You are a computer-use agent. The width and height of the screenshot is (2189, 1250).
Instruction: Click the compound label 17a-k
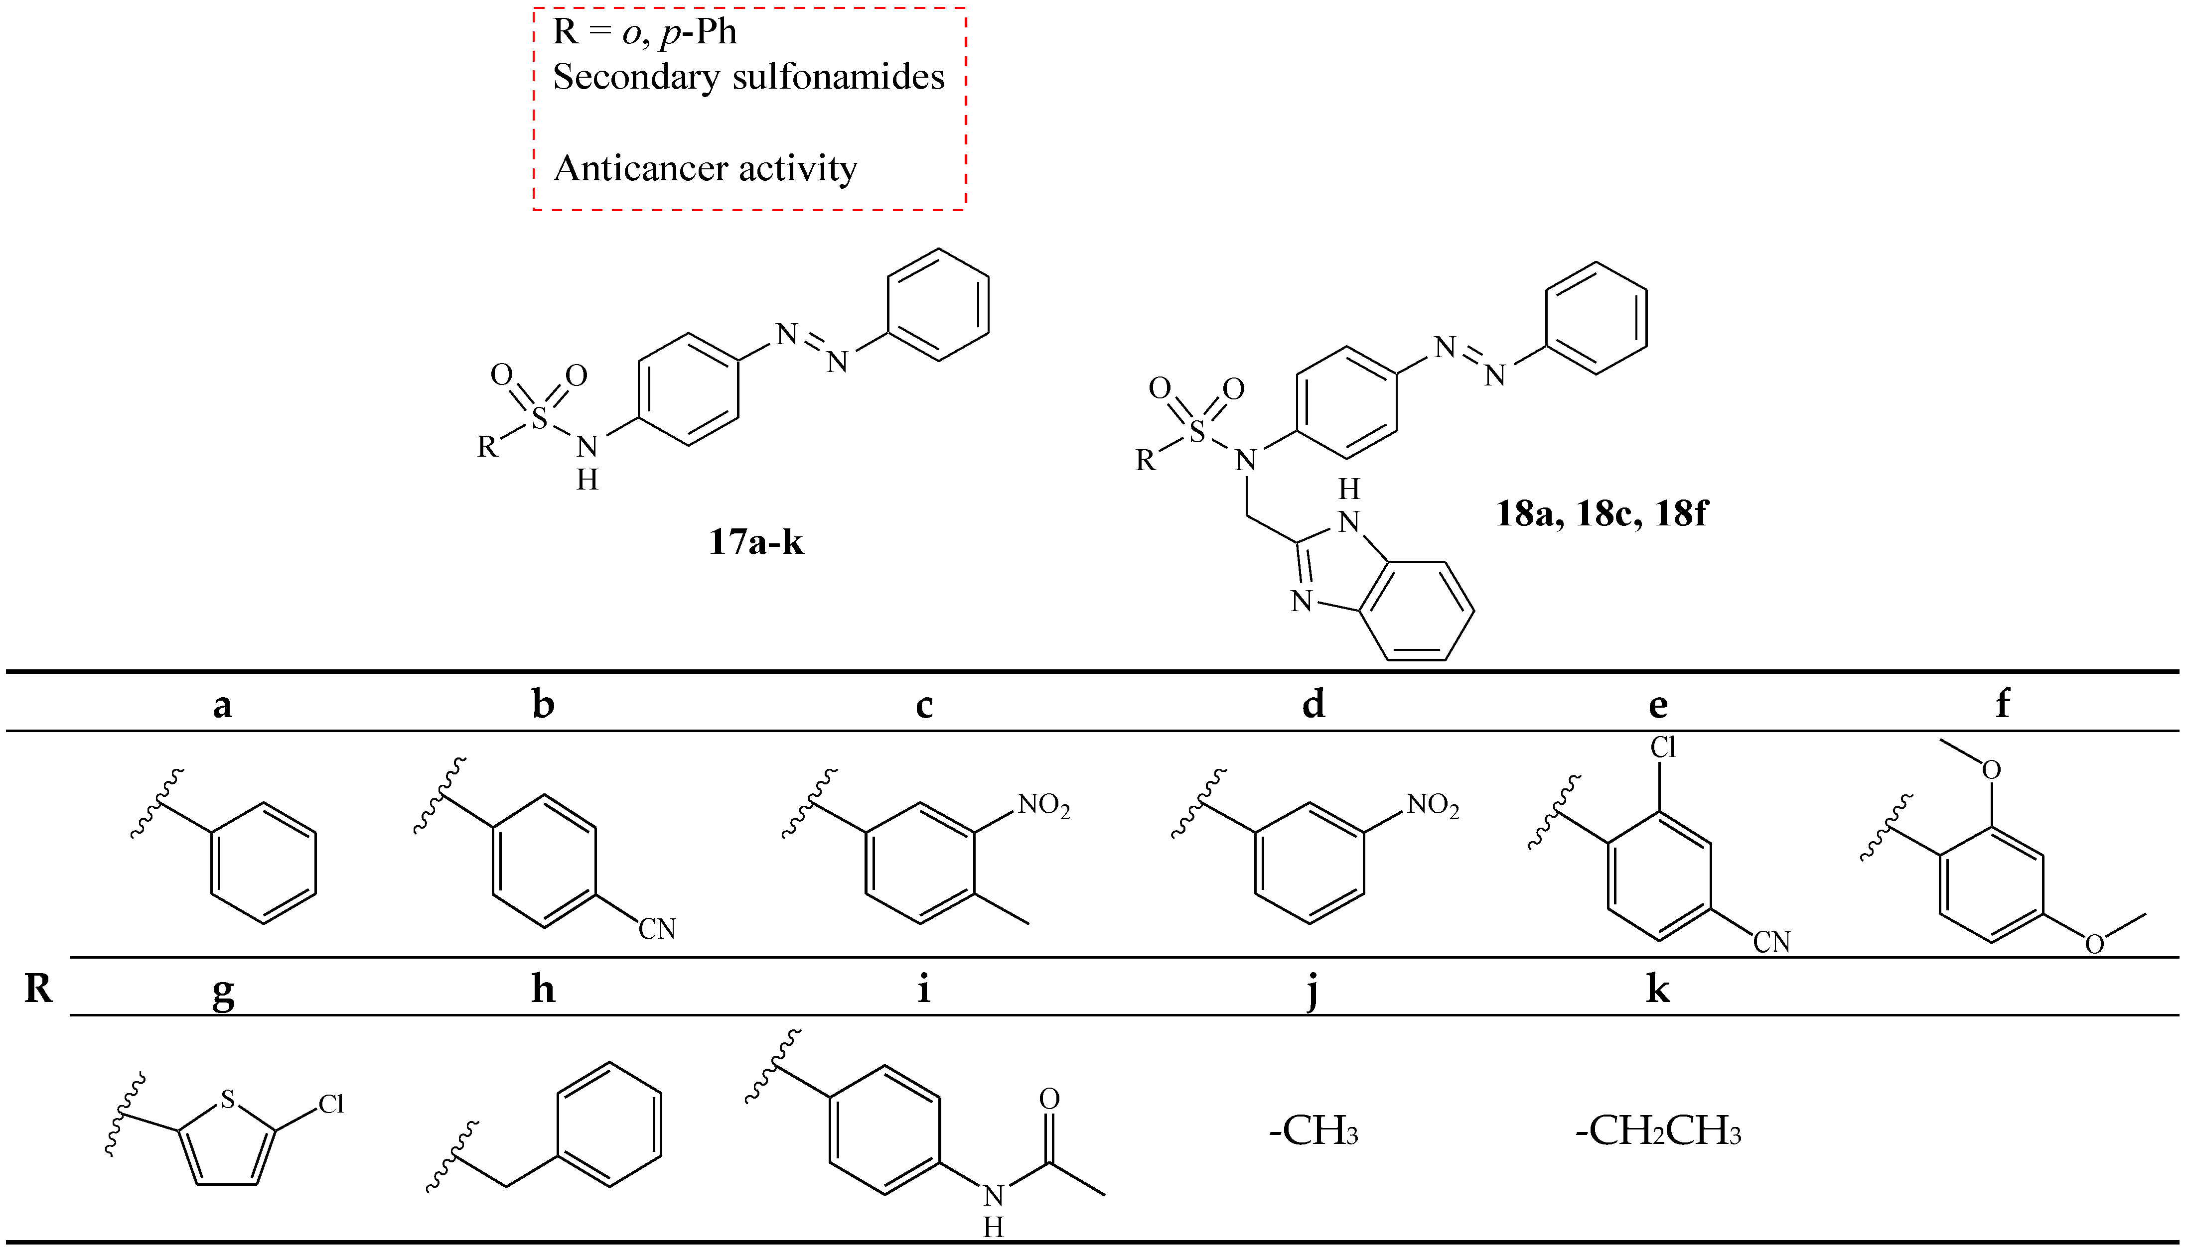click(756, 543)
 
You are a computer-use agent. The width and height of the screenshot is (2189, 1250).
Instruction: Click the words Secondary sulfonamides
click(748, 77)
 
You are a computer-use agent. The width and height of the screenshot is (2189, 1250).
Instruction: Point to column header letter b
click(543, 704)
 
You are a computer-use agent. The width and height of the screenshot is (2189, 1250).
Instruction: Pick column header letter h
click(543, 989)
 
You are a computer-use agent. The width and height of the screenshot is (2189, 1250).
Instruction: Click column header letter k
click(1657, 989)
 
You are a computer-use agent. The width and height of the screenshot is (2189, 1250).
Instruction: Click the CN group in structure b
click(657, 929)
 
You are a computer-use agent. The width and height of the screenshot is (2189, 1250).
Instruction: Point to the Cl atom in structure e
click(1663, 749)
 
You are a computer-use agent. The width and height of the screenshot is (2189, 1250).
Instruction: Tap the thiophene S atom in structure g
click(228, 1100)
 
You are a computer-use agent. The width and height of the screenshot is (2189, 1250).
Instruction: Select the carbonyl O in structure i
click(1049, 1099)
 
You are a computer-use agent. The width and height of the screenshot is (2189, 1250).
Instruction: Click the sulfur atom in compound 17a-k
click(539, 419)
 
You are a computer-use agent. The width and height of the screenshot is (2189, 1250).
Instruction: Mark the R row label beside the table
click(38, 989)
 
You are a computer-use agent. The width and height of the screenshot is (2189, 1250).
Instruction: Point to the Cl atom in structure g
click(331, 1104)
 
